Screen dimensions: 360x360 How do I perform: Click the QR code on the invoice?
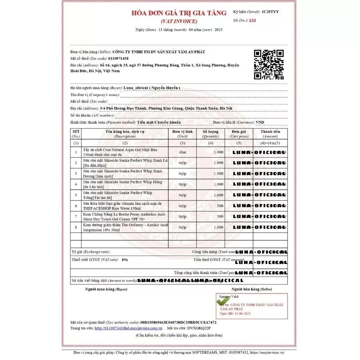point(269,65)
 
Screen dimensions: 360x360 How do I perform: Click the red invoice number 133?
point(252,20)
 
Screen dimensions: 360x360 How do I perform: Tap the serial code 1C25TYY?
point(270,12)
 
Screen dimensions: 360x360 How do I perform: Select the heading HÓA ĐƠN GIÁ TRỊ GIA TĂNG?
point(179,13)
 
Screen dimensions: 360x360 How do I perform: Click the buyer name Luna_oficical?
point(136,88)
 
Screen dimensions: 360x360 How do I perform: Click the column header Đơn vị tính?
point(182,132)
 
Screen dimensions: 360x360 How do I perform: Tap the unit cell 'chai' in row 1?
point(182,152)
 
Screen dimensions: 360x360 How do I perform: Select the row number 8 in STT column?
point(76,227)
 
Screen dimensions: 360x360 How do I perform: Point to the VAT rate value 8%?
point(125,260)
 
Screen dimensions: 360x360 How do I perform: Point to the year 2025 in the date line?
point(219,30)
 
